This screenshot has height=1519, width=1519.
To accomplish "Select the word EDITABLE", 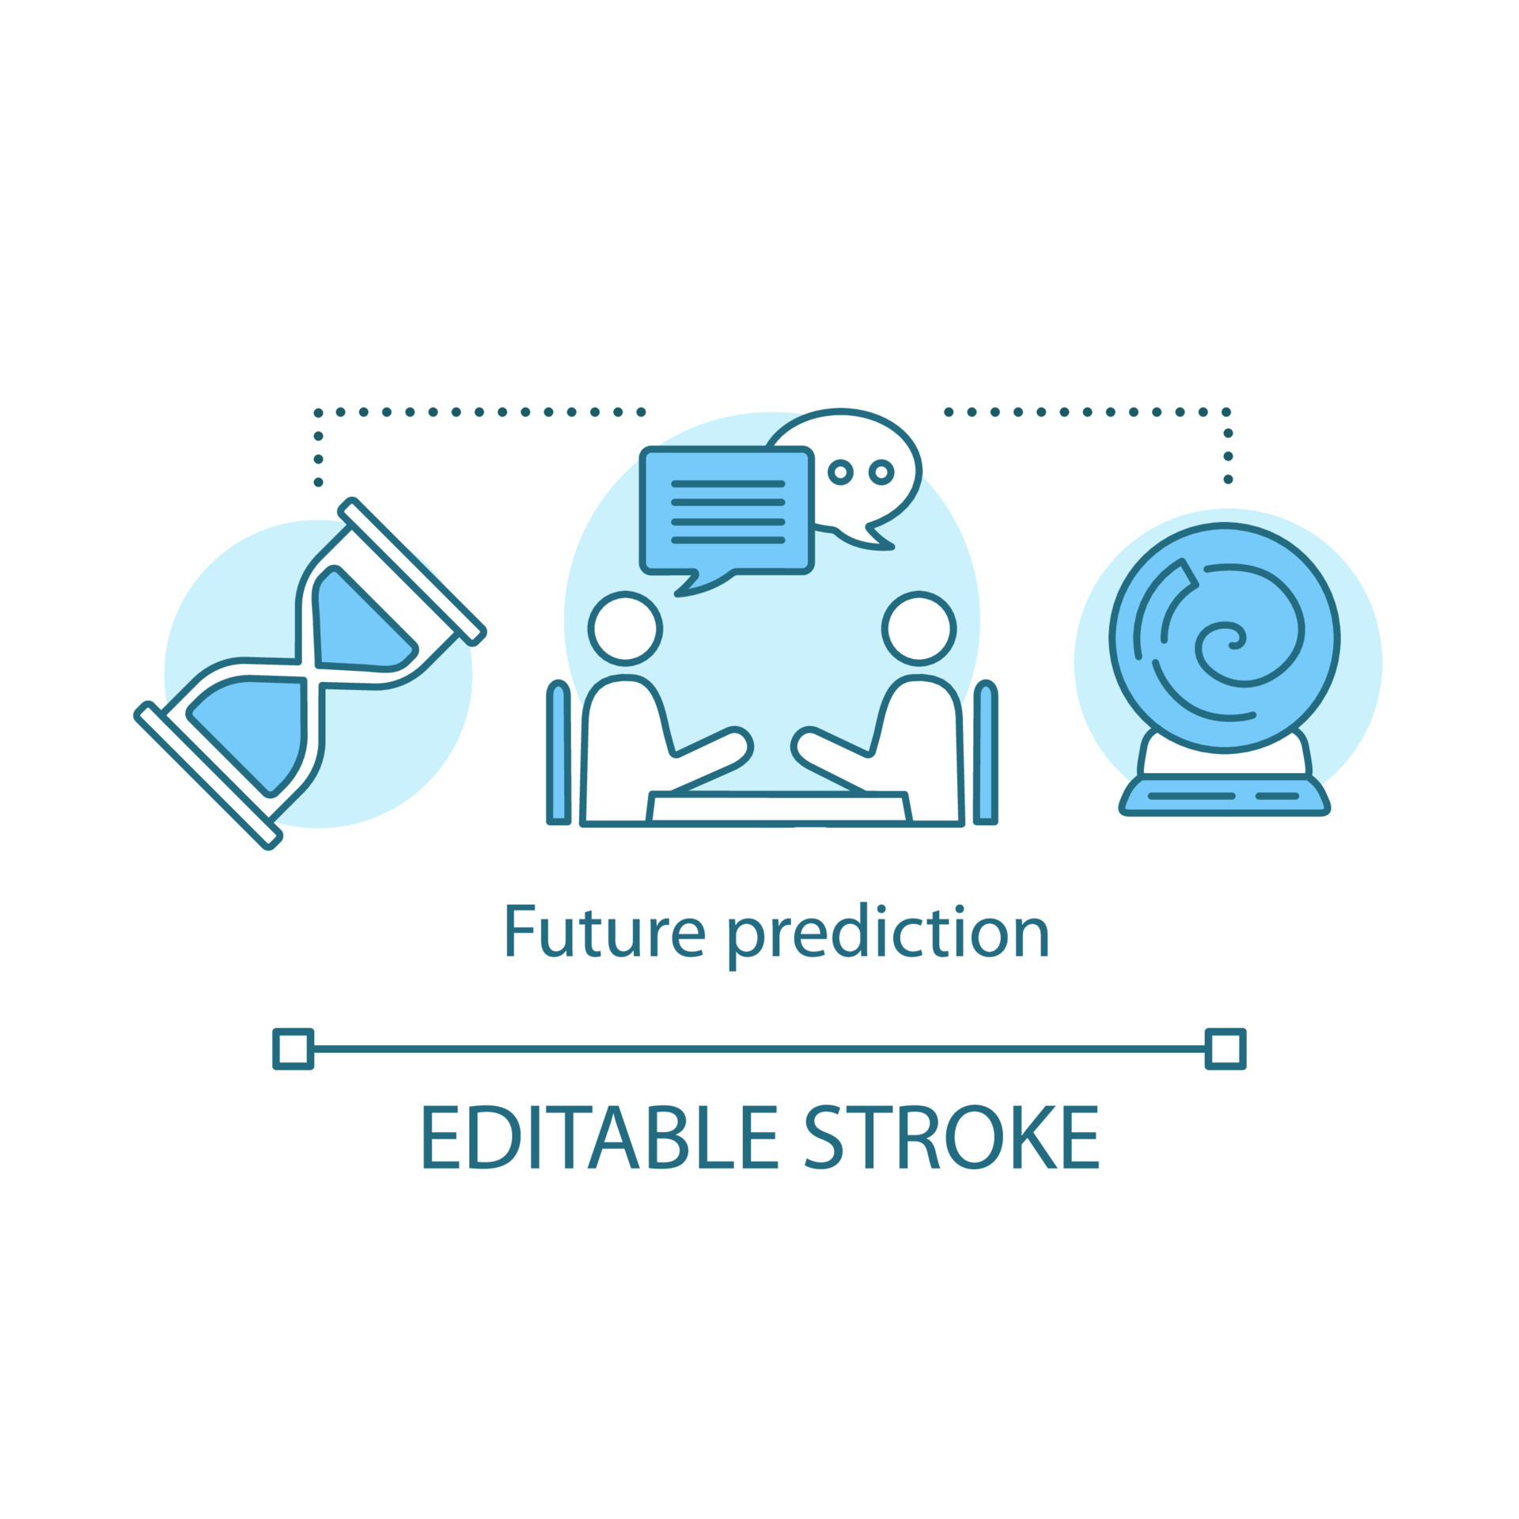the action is (600, 1137).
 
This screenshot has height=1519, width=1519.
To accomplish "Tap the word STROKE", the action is (952, 1137).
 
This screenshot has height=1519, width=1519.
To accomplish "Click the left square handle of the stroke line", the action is (294, 1049).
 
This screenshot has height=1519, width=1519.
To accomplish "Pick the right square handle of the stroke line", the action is (1225, 1049).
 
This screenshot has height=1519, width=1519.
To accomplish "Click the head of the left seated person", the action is (625, 629).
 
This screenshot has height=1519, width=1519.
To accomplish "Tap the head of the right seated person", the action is (919, 629).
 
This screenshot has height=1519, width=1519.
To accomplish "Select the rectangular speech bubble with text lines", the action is (727, 514).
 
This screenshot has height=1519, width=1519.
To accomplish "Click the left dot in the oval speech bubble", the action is (840, 472).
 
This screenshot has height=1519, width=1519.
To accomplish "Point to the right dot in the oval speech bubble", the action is (881, 472).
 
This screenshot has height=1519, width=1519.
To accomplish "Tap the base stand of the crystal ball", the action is (1225, 794).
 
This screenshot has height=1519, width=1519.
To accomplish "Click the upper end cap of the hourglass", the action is (412, 571).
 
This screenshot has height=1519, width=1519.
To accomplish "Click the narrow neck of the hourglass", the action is (310, 673).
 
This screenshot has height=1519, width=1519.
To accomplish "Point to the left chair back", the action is (559, 752).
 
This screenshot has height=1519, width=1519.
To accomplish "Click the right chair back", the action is (985, 752).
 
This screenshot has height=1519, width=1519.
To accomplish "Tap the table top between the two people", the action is (778, 808).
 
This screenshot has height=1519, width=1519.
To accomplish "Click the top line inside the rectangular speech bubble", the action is (728, 483).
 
